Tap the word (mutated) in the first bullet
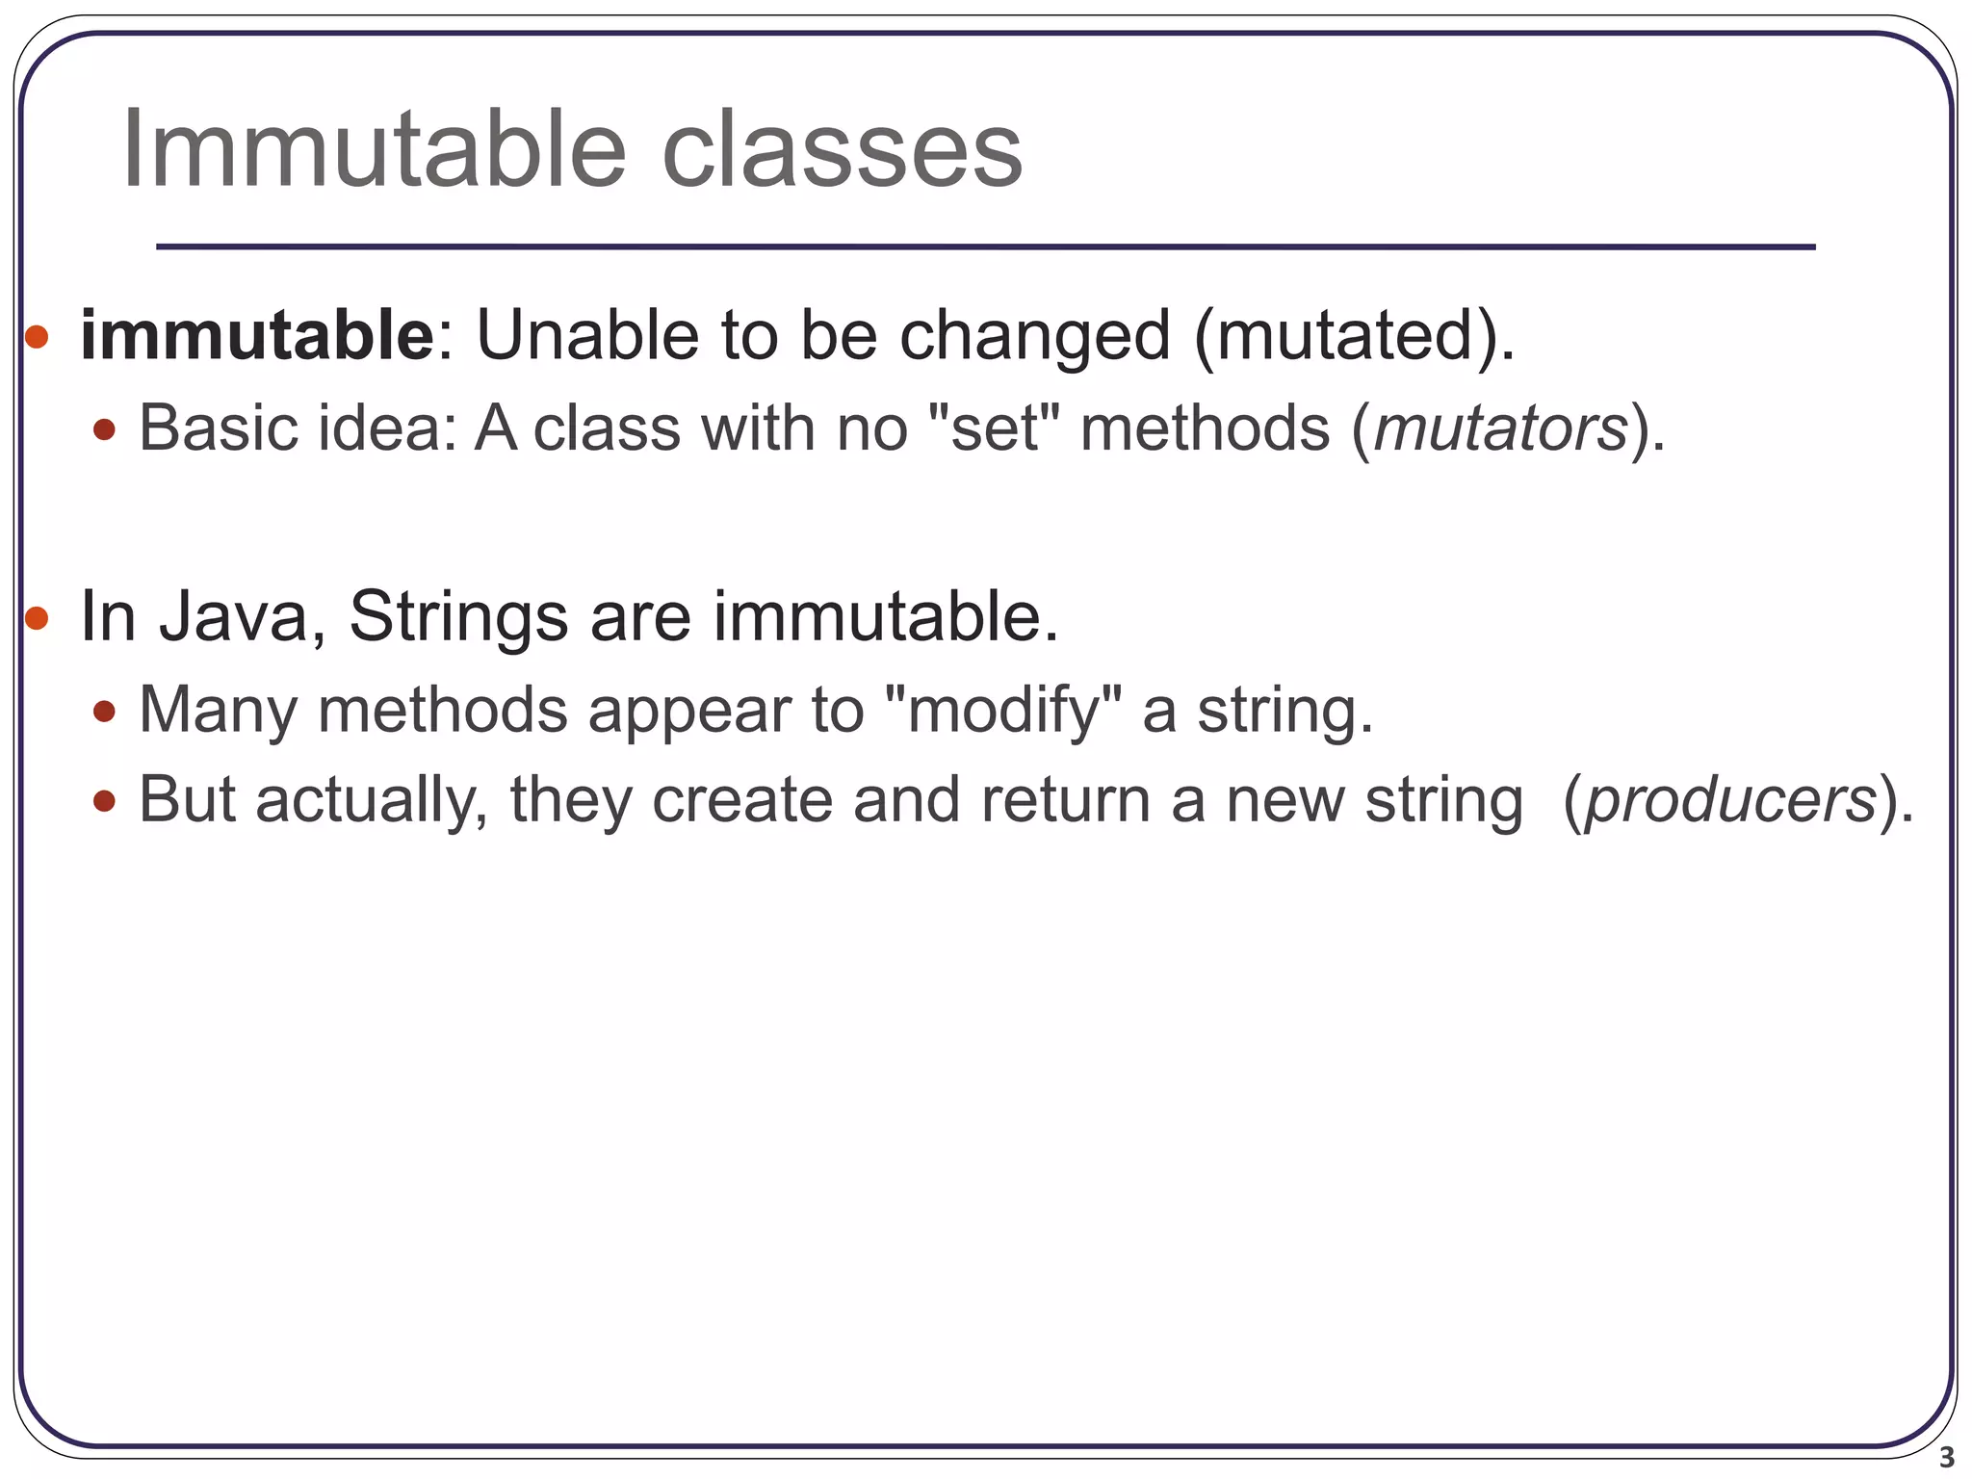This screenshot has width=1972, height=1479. click(1353, 337)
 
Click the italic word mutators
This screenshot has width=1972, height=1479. click(1500, 428)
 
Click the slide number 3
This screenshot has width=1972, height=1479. click(1946, 1457)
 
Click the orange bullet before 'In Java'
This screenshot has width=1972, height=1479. click(37, 618)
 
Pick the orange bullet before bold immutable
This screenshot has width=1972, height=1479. click(37, 337)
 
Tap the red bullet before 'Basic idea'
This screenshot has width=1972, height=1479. click(105, 429)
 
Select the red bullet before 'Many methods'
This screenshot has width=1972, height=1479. click(105, 713)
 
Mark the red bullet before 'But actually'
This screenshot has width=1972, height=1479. click(105, 800)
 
